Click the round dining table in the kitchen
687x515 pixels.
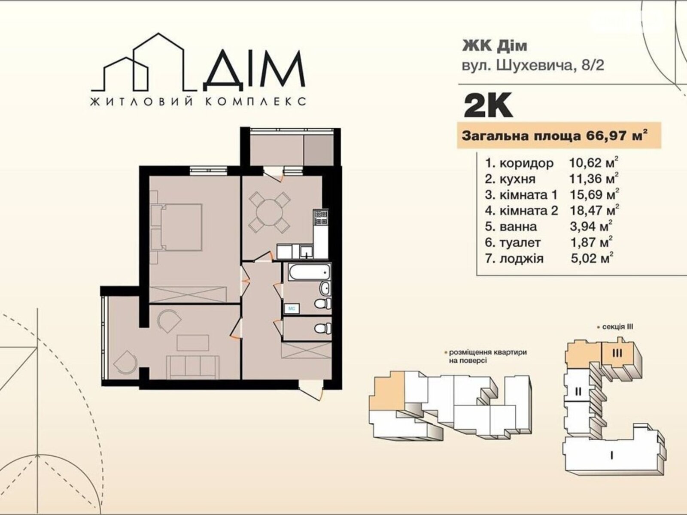(x=269, y=212)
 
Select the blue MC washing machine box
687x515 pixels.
(x=292, y=309)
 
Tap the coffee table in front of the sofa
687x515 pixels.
(x=192, y=343)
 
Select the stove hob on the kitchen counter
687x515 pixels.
(x=321, y=218)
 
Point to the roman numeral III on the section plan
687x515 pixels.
(x=617, y=353)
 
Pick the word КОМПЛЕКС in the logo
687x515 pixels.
(x=255, y=102)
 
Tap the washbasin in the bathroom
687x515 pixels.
(x=325, y=288)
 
